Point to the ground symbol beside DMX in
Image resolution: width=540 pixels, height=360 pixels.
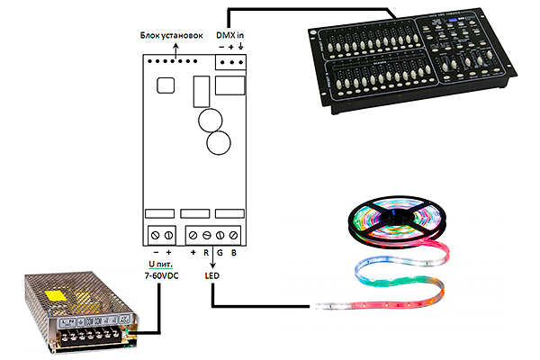(242, 46)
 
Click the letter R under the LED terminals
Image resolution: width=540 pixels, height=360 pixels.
(205, 254)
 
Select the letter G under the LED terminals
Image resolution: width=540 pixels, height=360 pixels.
(220, 254)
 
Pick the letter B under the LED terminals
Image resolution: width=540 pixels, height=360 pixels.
(234, 254)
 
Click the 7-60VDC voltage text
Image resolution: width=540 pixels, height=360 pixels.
(163, 274)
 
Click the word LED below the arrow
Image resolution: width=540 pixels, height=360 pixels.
(212, 274)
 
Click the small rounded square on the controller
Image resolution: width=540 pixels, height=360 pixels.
(166, 85)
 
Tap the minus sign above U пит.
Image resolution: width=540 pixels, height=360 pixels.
(155, 254)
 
